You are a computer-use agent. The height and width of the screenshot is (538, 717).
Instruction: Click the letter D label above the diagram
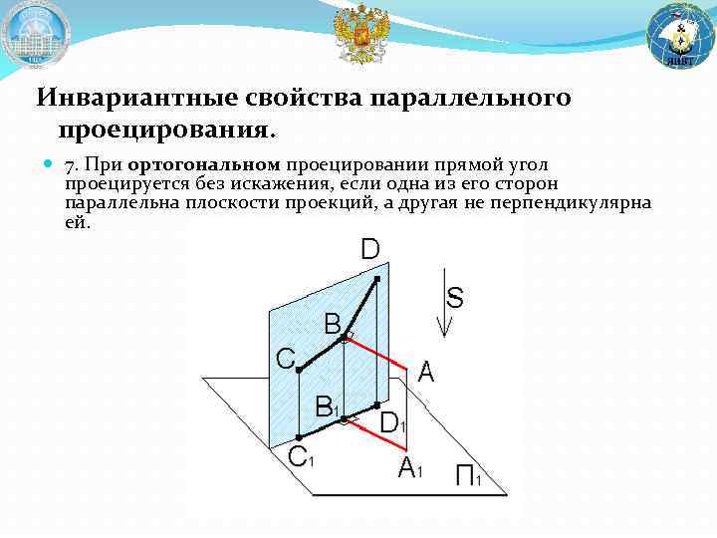tap(369, 249)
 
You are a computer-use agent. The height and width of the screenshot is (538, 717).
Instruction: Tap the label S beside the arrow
tap(455, 297)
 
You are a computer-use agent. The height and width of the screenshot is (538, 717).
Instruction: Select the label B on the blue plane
tap(333, 323)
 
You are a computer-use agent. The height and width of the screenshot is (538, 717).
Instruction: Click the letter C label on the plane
tap(285, 359)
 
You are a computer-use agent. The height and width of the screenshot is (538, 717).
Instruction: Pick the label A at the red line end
tap(426, 373)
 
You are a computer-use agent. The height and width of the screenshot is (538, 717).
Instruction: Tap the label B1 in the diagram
tap(327, 406)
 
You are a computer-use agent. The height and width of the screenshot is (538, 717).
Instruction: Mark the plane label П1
tap(468, 478)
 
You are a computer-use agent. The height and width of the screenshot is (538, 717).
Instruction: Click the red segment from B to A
tap(376, 355)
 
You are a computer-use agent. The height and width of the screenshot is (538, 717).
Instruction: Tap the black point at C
tap(300, 371)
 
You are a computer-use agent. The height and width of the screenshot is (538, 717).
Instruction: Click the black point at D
tap(376, 279)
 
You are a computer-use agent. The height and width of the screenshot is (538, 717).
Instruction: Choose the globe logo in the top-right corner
tap(680, 35)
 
